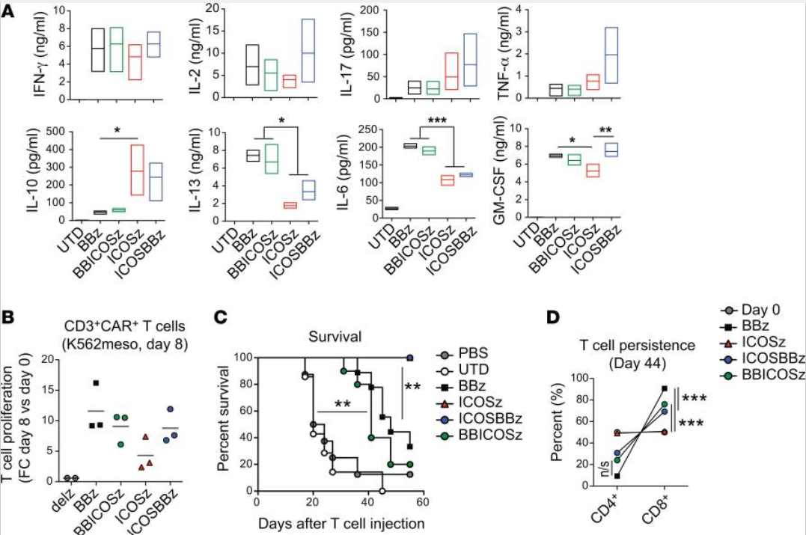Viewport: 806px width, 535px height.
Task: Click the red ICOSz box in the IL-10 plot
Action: [x=137, y=145]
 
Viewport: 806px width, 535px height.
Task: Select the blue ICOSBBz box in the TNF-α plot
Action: [x=604, y=28]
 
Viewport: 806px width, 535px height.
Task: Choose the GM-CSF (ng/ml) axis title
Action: [x=498, y=170]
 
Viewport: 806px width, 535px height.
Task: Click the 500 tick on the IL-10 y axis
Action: [x=55, y=132]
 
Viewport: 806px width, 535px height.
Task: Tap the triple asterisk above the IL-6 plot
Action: [x=437, y=120]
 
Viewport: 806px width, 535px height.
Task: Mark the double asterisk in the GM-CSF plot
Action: [x=605, y=130]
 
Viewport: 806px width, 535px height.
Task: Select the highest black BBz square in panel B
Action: [x=96, y=383]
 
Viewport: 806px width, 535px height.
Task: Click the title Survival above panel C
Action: [x=335, y=337]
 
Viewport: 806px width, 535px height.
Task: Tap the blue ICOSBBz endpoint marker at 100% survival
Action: [x=410, y=358]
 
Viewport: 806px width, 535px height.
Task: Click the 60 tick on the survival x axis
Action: [x=423, y=501]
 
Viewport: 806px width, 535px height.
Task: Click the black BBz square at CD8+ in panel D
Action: [x=665, y=388]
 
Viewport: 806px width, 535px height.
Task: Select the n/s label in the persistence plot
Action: [x=605, y=468]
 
